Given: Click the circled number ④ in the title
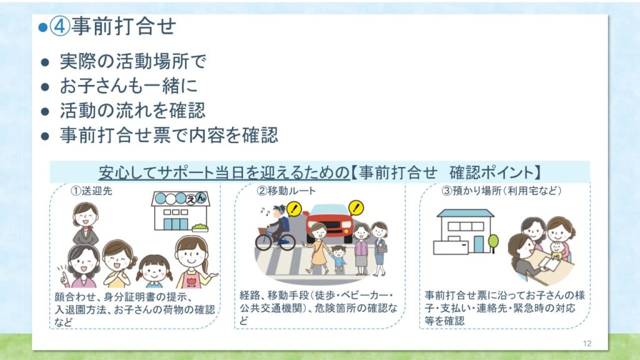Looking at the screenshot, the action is [x=60, y=26].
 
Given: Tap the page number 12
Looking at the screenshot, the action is [x=587, y=343].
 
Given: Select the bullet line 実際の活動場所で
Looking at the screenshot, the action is [x=133, y=62].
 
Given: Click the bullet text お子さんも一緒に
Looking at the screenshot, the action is [x=129, y=86].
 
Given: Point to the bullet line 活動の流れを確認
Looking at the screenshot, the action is [x=132, y=111].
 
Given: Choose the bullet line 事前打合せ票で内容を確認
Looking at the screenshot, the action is [x=169, y=135].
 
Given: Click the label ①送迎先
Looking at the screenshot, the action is [x=91, y=191].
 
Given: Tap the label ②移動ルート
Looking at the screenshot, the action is [x=286, y=191].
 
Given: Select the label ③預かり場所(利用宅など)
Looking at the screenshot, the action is [x=502, y=191].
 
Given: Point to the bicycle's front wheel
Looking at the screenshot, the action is [x=264, y=242].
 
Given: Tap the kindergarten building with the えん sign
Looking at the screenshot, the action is [x=181, y=211].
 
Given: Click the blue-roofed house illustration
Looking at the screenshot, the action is [x=464, y=232].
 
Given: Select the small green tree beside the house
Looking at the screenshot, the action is [x=493, y=242].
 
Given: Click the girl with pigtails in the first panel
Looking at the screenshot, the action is [x=154, y=271].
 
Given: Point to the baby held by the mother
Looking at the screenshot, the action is [x=557, y=250].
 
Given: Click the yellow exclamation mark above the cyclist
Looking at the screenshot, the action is [x=294, y=209].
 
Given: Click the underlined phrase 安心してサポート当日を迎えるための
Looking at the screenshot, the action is [x=224, y=172].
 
